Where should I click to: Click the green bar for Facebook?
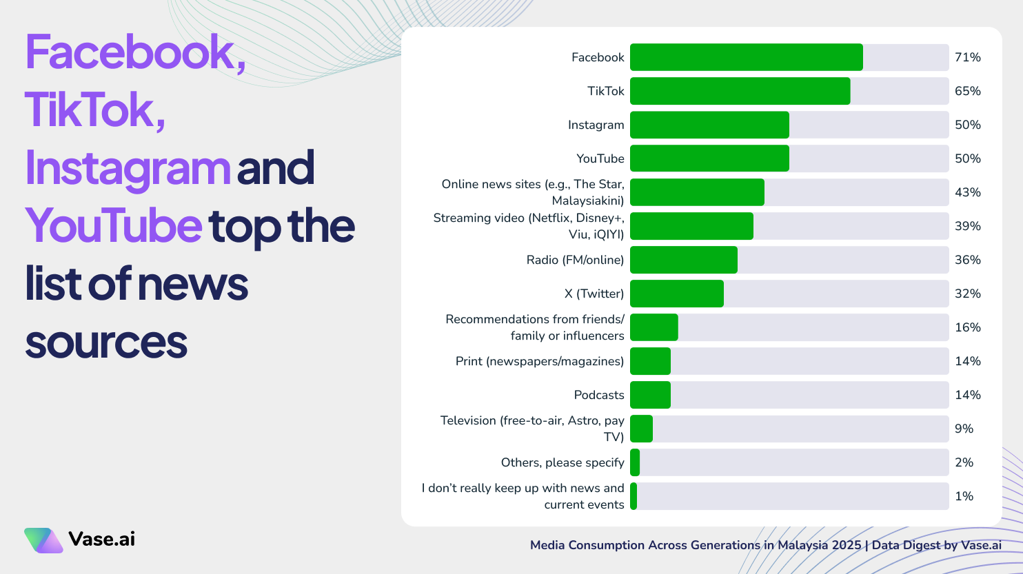[746, 57]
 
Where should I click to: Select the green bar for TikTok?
[740, 91]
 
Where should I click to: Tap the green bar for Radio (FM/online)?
[683, 260]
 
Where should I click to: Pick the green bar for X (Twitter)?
[676, 294]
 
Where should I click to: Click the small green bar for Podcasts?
[650, 395]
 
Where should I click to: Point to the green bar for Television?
[641, 429]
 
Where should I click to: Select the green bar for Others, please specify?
[635, 462]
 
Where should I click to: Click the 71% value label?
[967, 57]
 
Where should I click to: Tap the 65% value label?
[967, 91]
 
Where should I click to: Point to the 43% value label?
[967, 192]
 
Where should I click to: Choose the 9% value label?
[964, 429]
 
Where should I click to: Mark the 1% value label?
[964, 496]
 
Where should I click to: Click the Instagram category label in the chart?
[596, 125]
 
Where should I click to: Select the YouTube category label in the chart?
[600, 158]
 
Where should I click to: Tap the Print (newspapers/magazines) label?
[539, 361]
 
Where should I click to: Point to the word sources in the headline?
[106, 342]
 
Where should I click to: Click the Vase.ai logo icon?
[43, 540]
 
